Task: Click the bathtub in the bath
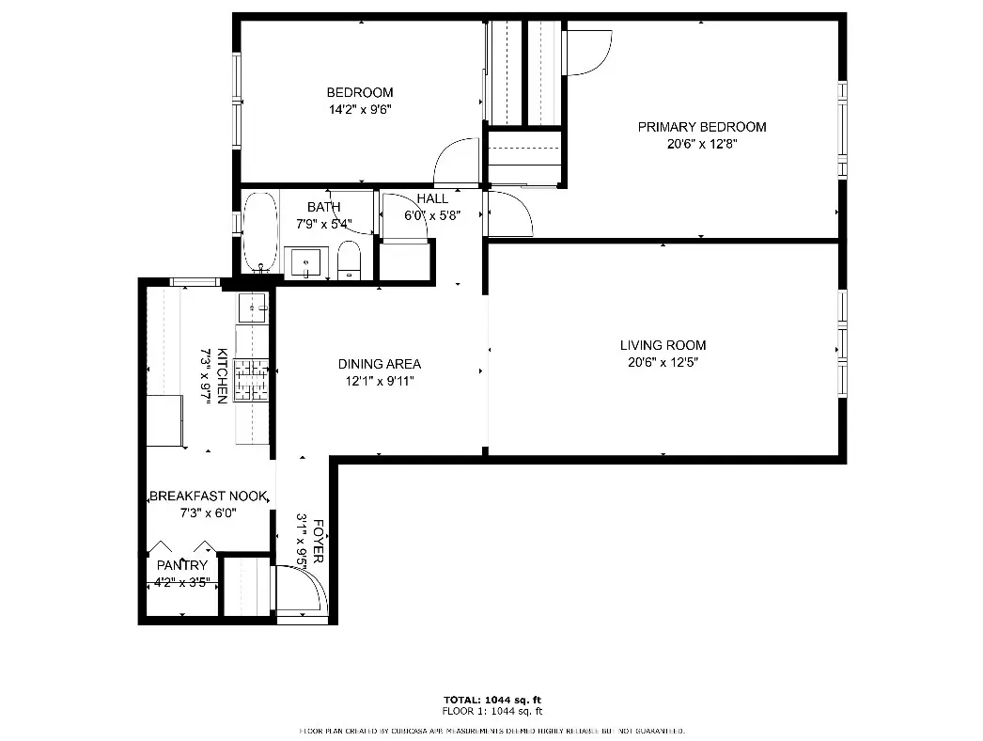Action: click(260, 230)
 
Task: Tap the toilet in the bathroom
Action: click(349, 260)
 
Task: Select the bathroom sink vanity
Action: click(304, 262)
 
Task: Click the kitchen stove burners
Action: click(252, 381)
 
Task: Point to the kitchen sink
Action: click(252, 307)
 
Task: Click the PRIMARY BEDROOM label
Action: click(701, 127)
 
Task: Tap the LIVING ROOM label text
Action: click(663, 345)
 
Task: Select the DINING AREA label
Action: click(379, 364)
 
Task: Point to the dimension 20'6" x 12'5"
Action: click(663, 362)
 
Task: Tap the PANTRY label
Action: click(181, 565)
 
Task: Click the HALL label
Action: click(432, 198)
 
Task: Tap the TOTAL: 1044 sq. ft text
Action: click(491, 701)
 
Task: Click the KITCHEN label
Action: click(222, 375)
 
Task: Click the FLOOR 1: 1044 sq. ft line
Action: click(491, 712)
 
